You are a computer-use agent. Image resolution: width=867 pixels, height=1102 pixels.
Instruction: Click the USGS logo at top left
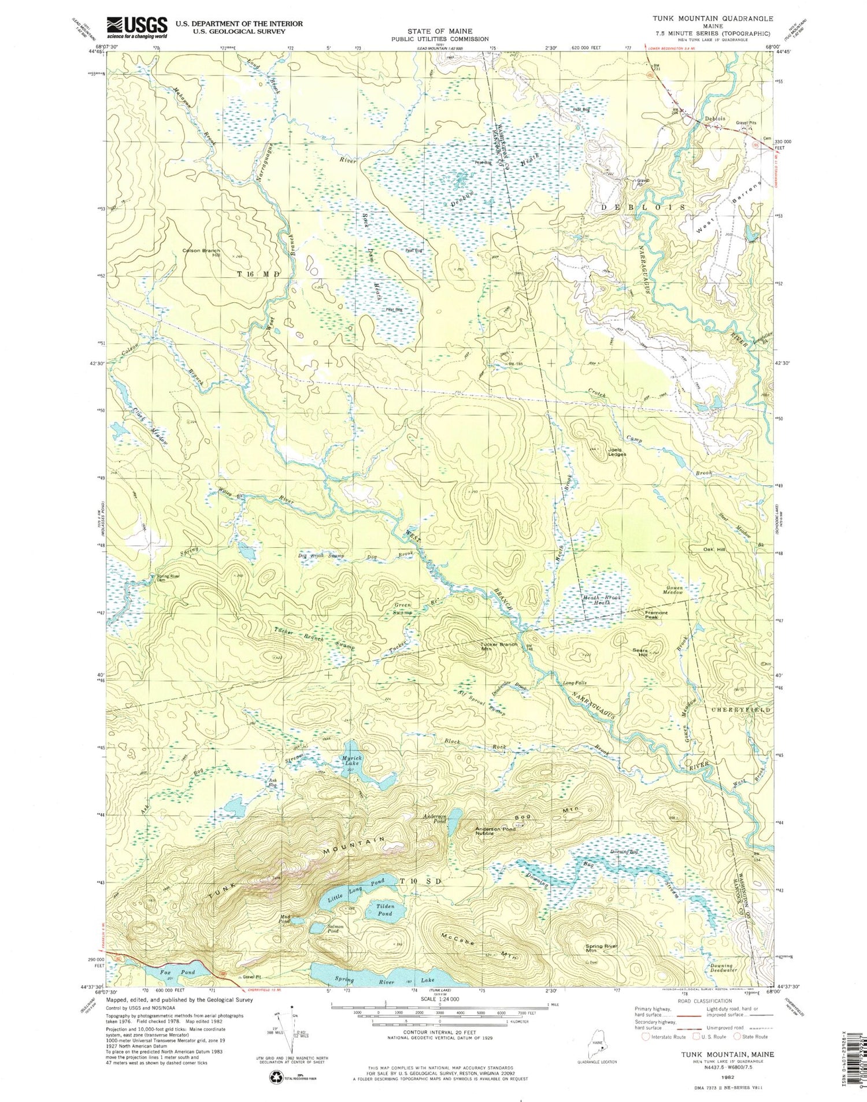pyautogui.click(x=136, y=27)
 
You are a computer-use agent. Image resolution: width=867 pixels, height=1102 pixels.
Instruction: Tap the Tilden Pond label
pyautogui.click(x=384, y=910)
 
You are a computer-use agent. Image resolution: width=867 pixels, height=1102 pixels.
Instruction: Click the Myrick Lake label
pyautogui.click(x=351, y=761)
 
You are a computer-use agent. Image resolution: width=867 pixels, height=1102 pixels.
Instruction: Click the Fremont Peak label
pyautogui.click(x=656, y=615)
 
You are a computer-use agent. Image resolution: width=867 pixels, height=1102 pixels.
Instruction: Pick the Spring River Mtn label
pyautogui.click(x=602, y=948)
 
